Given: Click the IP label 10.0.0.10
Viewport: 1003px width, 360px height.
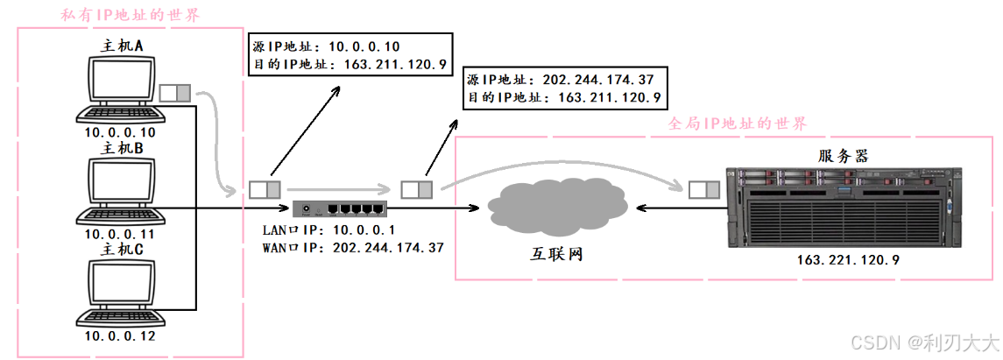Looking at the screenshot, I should (119, 132).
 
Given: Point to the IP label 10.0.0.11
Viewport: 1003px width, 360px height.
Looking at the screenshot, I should (119, 235).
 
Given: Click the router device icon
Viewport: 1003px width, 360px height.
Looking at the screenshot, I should (339, 208).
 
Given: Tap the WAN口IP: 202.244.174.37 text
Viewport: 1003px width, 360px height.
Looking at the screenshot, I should (353, 248).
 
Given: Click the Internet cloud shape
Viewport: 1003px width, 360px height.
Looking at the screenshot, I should (557, 208).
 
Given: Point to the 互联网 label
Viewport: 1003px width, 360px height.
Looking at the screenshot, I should (557, 255).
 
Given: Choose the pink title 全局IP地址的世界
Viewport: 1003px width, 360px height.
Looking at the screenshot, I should (737, 124).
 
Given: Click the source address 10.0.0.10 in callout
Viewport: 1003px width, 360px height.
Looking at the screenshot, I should (364, 46).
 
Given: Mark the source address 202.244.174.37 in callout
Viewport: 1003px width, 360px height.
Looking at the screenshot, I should (598, 79).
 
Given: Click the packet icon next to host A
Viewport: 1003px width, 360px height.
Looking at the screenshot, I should (175, 92).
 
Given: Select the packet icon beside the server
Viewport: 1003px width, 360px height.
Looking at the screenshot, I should (703, 189).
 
